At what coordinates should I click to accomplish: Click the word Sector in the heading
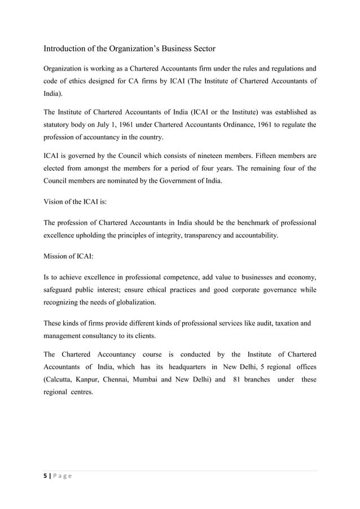coord(198,49)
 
